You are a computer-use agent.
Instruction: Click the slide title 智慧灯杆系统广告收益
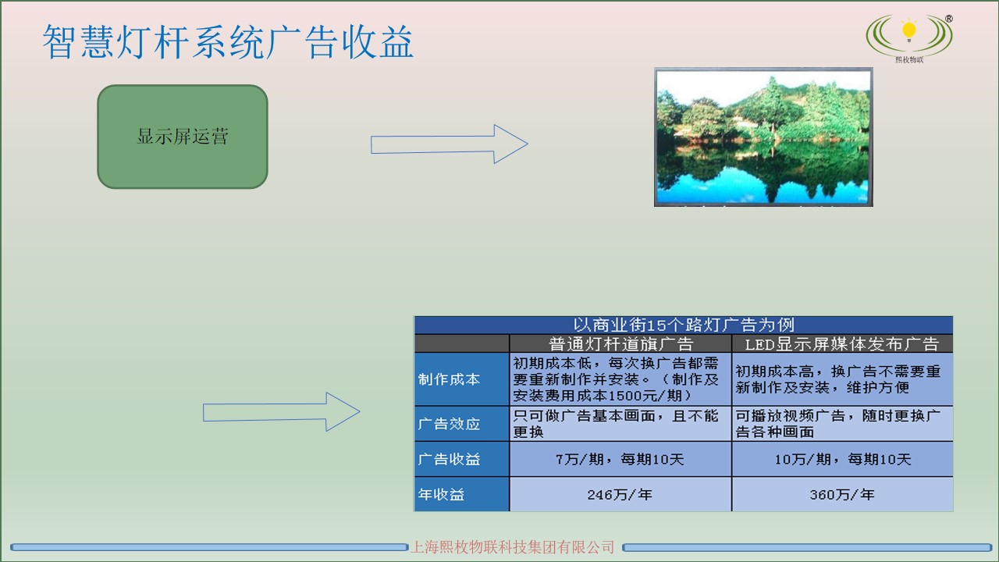coord(227,42)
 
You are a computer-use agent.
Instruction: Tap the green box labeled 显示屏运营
coord(183,137)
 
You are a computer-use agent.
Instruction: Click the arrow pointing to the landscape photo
coord(449,144)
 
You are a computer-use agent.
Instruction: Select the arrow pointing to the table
coord(281,411)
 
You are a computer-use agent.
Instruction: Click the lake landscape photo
coord(763,137)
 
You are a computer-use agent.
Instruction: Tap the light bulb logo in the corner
coord(908,35)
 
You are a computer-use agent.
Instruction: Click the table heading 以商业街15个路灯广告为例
coord(683,325)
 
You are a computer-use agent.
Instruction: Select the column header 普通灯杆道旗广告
coord(620,343)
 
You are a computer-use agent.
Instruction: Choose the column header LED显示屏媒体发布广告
coord(842,343)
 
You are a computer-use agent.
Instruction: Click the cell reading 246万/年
coord(620,494)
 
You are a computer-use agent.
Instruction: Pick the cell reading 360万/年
coord(842,494)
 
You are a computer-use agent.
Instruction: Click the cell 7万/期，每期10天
coord(620,459)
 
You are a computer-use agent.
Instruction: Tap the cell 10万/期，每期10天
coord(842,459)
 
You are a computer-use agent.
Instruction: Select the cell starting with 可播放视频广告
coord(842,424)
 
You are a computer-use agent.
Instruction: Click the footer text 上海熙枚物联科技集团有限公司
coord(513,547)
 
